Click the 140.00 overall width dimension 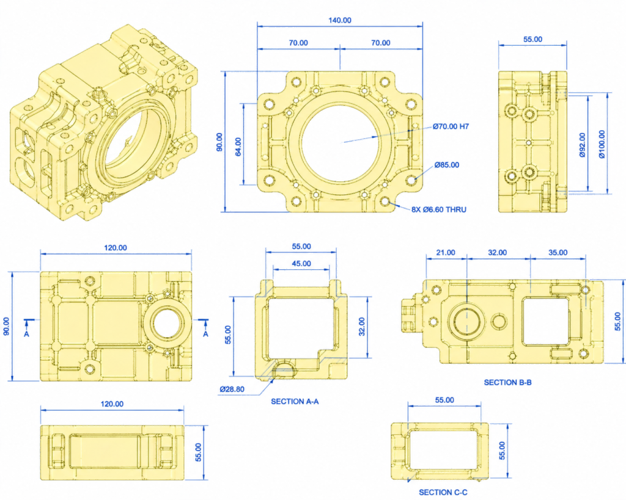(x=339, y=20)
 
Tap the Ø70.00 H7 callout (x=454, y=127)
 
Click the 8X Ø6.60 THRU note (x=438, y=209)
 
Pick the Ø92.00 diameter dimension (x=581, y=145)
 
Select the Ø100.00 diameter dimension (x=602, y=145)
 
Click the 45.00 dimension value (x=300, y=264)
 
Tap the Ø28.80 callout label (x=232, y=389)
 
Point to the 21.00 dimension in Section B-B (x=445, y=252)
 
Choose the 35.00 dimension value (x=558, y=252)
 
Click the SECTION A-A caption (x=295, y=402)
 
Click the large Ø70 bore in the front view (x=339, y=143)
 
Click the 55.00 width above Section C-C (x=444, y=400)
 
